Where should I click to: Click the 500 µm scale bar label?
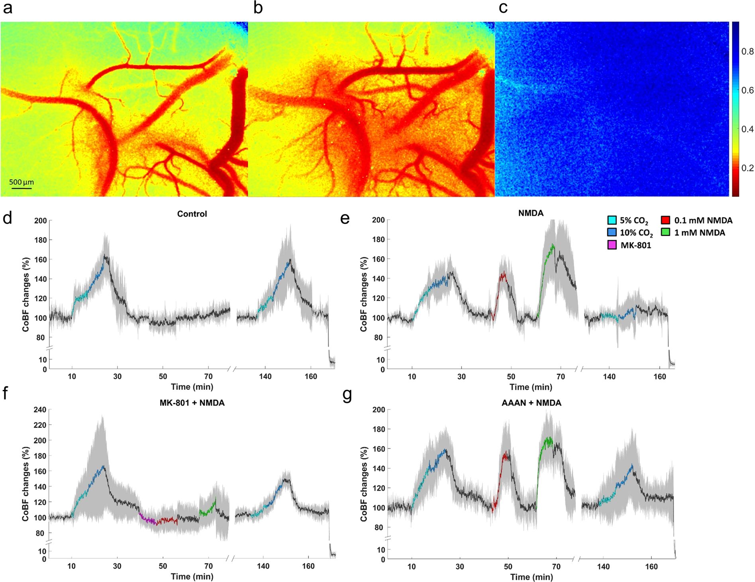tap(22, 182)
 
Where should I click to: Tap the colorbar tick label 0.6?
tap(747, 90)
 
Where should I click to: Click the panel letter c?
tap(503, 8)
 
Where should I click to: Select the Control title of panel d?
tap(192, 214)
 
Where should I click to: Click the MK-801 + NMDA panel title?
tap(192, 403)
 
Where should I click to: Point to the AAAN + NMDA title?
tap(531, 403)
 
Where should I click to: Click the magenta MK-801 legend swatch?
tap(612, 245)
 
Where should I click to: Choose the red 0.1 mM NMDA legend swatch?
tap(665, 220)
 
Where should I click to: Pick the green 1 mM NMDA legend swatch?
tap(665, 233)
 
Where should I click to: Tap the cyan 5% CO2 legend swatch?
tap(612, 220)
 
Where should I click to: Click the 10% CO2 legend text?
tap(636, 233)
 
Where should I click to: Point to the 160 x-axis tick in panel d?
tap(311, 376)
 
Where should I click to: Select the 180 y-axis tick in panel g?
tap(379, 429)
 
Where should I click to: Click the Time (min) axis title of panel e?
tap(531, 387)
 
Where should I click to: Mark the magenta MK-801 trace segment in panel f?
tap(147, 519)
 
